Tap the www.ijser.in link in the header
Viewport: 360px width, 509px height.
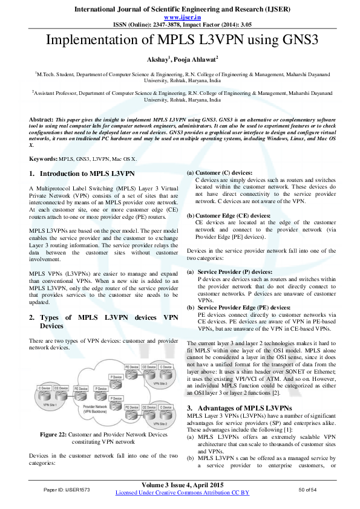click(180, 18)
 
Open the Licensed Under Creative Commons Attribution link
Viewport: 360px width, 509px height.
click(182, 493)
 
